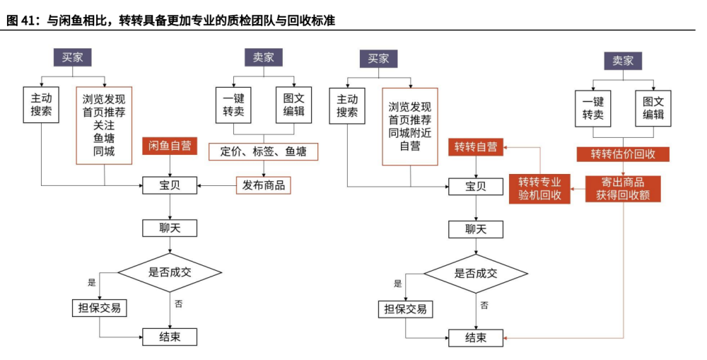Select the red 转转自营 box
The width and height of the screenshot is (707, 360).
(476, 147)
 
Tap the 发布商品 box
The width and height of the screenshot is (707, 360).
(264, 185)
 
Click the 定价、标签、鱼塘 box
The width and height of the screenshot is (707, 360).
(264, 151)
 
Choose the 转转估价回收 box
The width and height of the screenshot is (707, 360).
(623, 154)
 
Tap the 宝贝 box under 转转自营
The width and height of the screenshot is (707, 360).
(476, 187)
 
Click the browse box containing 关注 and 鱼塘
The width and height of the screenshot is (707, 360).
(104, 125)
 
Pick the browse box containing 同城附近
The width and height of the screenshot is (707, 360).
(410, 127)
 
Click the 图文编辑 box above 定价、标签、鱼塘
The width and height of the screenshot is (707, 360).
(293, 105)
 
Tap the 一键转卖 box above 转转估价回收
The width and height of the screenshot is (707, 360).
(592, 108)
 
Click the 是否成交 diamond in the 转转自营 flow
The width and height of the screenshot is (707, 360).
(476, 273)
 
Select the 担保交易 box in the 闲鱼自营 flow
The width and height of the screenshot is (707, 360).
(100, 308)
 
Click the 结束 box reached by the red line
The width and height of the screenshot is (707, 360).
(476, 338)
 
